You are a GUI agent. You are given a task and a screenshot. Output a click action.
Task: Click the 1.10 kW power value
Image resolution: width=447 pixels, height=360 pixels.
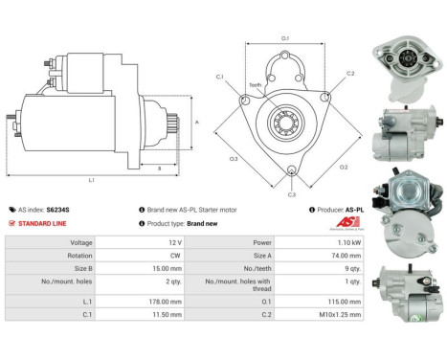click(347, 243)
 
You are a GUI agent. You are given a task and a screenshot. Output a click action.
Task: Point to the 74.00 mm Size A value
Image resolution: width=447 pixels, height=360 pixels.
click(346, 257)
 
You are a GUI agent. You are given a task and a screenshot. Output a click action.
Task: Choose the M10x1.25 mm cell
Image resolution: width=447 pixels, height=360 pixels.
click(343, 313)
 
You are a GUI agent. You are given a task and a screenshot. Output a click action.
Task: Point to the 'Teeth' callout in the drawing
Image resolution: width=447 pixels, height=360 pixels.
click(256, 86)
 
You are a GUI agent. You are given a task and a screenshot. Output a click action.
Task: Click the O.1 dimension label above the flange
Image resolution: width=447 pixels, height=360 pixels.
click(285, 38)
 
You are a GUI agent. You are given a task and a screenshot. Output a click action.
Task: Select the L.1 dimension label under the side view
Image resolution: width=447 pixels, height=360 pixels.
click(91, 180)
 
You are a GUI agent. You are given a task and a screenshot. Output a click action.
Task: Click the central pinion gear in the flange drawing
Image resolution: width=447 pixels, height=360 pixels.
click(285, 122)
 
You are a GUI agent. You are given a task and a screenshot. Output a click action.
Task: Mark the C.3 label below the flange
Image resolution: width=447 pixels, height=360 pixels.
click(290, 194)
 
